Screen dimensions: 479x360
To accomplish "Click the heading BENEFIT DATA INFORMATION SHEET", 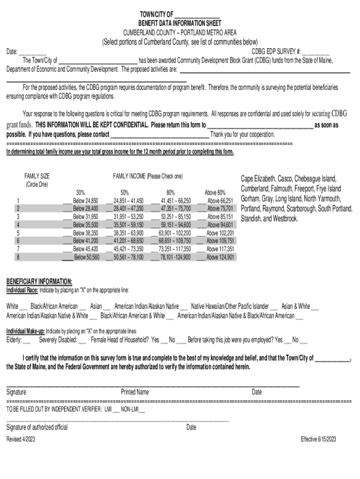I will pos(180,23).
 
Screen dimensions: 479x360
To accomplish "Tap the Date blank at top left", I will pos(33,52).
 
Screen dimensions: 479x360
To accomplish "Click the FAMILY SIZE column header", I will pos(37,176).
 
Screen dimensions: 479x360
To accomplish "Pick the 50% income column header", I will pos(125,192).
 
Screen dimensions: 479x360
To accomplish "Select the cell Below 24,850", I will pos(86,201).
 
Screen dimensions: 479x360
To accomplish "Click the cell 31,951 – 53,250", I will pos(129,217).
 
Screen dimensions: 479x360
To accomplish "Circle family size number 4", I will pos(18,225).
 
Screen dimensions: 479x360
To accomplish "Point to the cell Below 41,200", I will pos(86,241).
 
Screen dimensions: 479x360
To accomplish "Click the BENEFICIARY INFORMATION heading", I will pos(39,282).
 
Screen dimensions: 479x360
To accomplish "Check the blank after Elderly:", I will pos(27,341).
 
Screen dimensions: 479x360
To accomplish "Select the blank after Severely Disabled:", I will pos(82,341).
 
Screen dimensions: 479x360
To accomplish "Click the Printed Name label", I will pos(135,392).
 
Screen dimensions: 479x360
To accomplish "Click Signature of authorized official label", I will pos(37,427).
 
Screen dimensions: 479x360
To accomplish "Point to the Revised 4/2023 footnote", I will pos(21,439).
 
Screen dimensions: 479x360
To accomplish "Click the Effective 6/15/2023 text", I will pos(318,439).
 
